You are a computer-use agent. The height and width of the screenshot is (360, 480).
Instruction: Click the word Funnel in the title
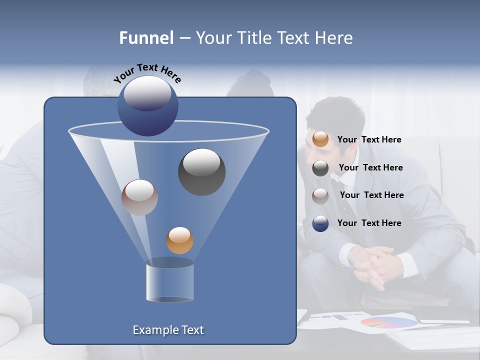click(x=146, y=38)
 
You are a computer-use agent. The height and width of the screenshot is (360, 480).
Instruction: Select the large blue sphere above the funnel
click(x=148, y=105)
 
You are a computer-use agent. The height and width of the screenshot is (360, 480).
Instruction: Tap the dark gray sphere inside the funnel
click(x=201, y=171)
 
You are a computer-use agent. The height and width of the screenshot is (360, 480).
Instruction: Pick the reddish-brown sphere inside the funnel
click(x=139, y=197)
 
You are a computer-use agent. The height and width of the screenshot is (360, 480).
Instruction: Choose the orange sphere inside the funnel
click(x=179, y=240)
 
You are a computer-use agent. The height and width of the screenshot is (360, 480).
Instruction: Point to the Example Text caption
click(x=168, y=330)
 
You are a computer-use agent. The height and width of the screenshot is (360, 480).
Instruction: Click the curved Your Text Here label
click(x=147, y=73)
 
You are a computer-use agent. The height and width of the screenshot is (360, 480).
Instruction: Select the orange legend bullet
click(x=320, y=139)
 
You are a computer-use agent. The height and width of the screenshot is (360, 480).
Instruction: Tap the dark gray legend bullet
click(x=320, y=168)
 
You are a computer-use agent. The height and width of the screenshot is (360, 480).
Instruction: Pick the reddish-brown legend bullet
click(x=320, y=195)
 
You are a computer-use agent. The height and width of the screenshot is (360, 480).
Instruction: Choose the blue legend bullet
click(x=320, y=223)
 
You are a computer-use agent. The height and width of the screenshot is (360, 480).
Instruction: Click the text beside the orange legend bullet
click(x=369, y=139)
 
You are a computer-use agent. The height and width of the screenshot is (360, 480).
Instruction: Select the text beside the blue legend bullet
click(x=369, y=223)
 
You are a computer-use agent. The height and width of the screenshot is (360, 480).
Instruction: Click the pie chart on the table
click(x=388, y=322)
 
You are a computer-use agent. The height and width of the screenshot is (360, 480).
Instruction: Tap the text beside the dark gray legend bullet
click(x=370, y=167)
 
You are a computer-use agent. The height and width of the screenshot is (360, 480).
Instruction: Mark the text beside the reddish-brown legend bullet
click(x=371, y=195)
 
